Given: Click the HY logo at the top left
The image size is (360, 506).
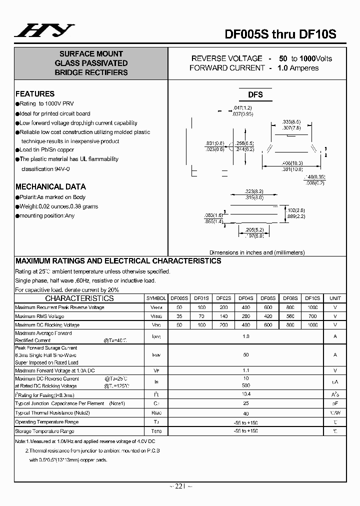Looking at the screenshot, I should pyautogui.click(x=44, y=30).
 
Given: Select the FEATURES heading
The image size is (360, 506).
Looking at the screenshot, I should pyautogui.click(x=35, y=94).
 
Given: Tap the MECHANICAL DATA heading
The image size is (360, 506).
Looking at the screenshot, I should pyautogui.click(x=50, y=186).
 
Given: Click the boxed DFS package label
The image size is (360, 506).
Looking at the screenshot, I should pyautogui.click(x=255, y=94).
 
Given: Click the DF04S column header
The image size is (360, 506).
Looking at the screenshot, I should pyautogui.click(x=245, y=298).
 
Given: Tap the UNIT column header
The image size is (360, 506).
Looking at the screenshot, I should pyautogui.click(x=335, y=298).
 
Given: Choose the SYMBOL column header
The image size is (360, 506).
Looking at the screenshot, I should pyautogui.click(x=156, y=298).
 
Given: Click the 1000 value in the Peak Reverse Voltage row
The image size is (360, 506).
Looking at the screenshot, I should pyautogui.click(x=312, y=307).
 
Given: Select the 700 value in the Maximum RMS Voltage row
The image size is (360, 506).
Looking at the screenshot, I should pyautogui.click(x=312, y=316).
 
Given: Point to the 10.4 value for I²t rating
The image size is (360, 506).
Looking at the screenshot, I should pyautogui.click(x=245, y=394).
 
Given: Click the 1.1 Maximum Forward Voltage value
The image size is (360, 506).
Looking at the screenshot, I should pyautogui.click(x=245, y=370).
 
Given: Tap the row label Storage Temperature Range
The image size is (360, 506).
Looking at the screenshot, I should pyautogui.click(x=44, y=431).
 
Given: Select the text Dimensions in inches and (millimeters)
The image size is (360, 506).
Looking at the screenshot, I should pyautogui.click(x=256, y=252).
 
